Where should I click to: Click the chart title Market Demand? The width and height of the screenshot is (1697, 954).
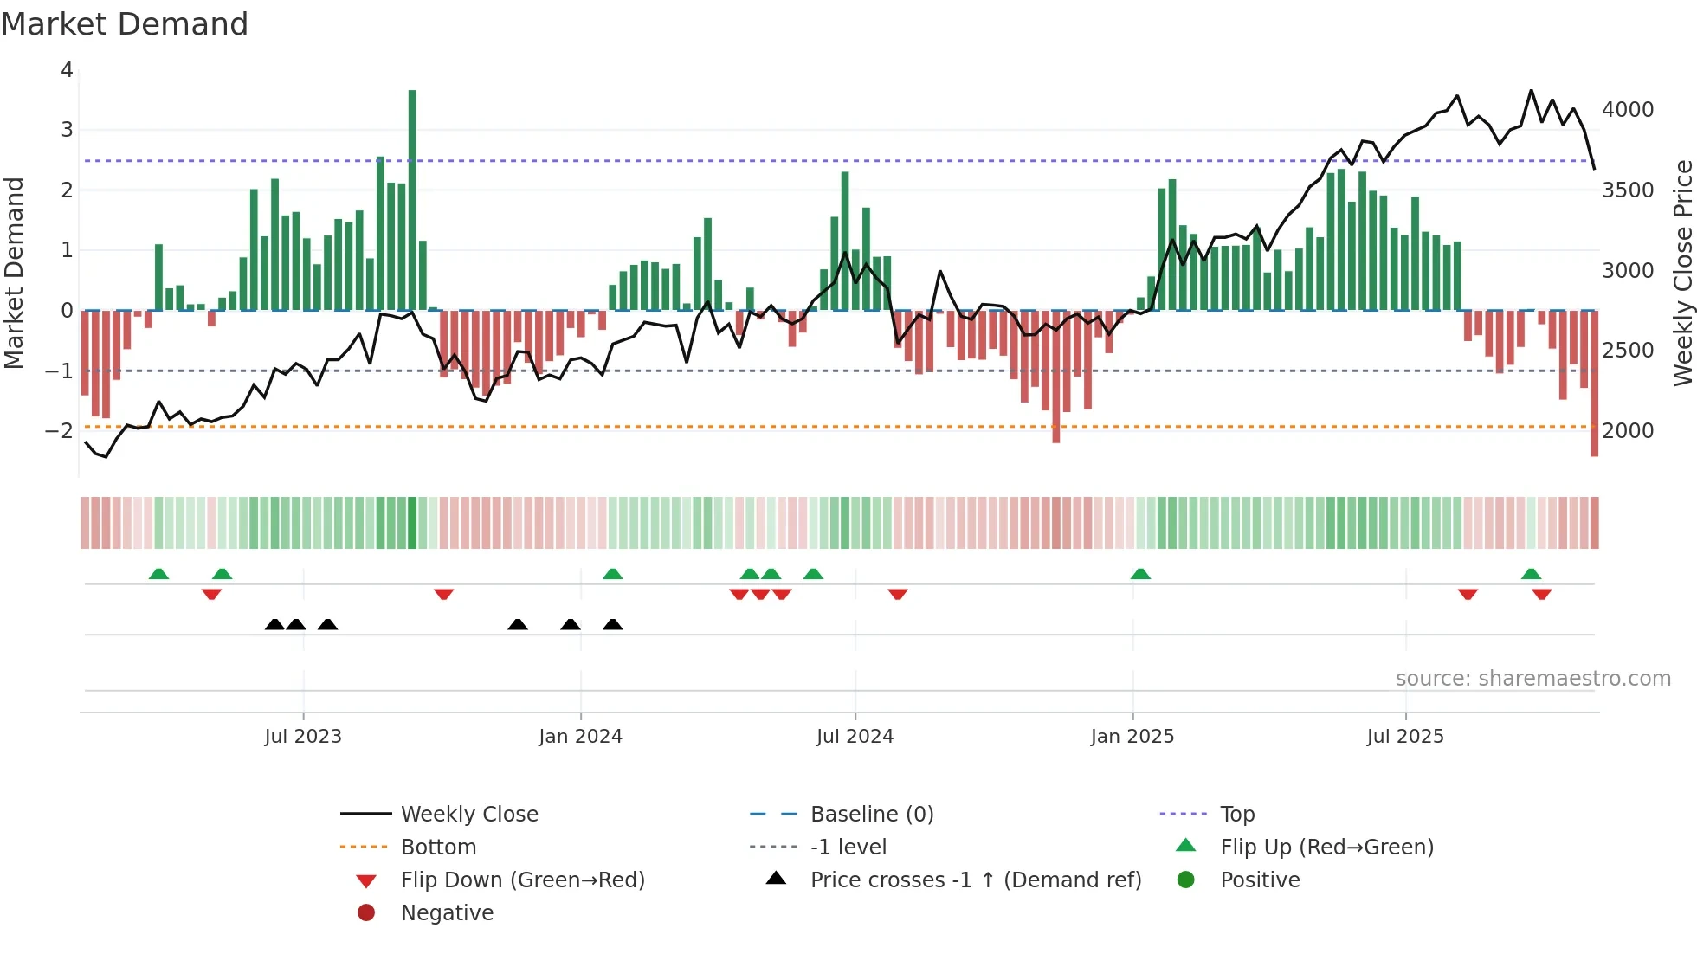coord(125,24)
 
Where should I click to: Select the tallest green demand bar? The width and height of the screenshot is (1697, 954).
coord(412,199)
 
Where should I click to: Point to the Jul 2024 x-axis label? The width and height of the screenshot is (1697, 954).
coord(855,737)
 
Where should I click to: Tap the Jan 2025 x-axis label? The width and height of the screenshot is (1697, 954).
coord(1132,737)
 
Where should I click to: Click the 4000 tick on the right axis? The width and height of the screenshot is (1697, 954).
coord(1627,110)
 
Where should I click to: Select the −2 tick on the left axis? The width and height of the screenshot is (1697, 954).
coord(59,430)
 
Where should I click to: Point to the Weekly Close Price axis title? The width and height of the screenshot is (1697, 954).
coord(1682,273)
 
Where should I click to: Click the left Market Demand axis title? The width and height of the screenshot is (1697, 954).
coord(14,273)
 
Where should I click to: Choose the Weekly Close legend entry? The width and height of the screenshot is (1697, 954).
coord(468,814)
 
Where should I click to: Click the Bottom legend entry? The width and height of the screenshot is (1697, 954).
coord(438,847)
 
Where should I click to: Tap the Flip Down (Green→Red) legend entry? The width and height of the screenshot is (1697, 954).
coord(522,880)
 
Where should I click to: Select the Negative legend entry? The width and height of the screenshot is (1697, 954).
coord(447,912)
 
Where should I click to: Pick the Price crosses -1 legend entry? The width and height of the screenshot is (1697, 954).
coord(975,880)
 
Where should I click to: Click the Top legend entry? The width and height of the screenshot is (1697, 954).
coord(1236,814)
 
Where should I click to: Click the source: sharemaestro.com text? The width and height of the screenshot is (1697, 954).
coord(1532,679)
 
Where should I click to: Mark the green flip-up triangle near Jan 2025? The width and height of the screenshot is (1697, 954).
coord(1140,574)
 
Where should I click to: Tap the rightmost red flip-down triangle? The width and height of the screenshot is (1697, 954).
coord(1541,594)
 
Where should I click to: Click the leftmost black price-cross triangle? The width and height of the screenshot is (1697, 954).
coord(274,624)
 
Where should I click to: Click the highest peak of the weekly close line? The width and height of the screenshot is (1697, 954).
coord(1531,91)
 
